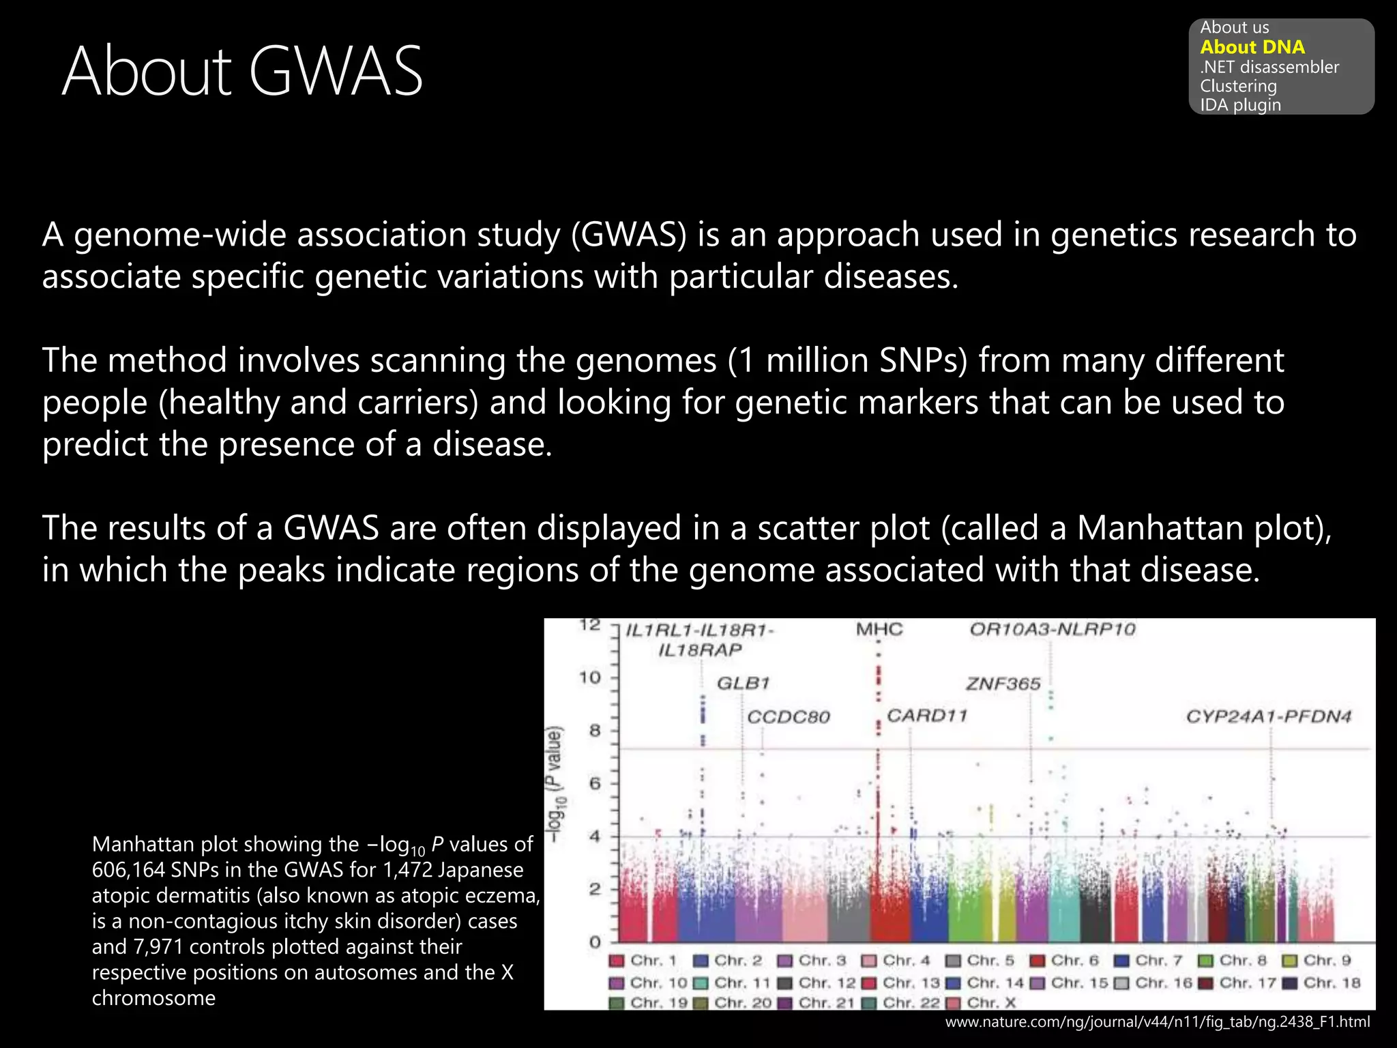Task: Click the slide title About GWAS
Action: point(242,71)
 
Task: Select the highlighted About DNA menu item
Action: point(1252,47)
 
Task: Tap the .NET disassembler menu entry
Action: point(1269,67)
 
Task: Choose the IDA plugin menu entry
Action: point(1240,105)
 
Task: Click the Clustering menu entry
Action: point(1238,86)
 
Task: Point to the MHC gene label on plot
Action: point(879,629)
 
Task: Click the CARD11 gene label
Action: point(926,716)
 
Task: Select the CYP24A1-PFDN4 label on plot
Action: point(1268,716)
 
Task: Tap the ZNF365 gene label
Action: point(1003,684)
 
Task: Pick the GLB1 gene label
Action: point(743,683)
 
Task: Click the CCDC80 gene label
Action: point(789,717)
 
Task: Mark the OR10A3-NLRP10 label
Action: point(1052,629)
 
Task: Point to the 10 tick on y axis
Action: point(589,678)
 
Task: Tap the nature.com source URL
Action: point(1157,1022)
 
